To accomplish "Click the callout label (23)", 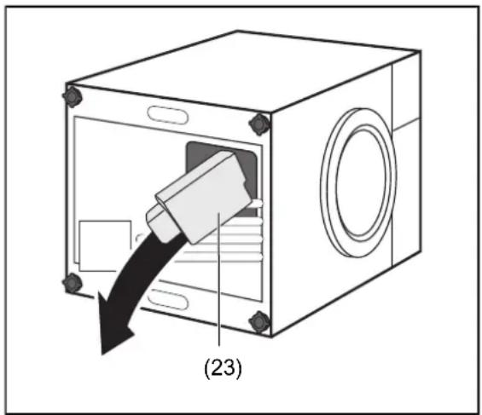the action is (223, 367).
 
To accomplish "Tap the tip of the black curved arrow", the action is (102, 354).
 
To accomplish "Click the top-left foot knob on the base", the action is (73, 97).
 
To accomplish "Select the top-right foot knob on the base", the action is (259, 124).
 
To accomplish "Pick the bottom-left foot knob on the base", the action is (73, 283).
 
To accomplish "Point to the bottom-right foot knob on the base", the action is (259, 321).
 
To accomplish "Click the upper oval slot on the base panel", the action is (167, 115).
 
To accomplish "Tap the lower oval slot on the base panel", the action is (167, 299).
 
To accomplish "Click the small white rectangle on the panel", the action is (105, 245).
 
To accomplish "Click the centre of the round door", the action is (358, 183).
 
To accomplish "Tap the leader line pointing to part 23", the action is (219, 280).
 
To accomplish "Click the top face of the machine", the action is (243, 70).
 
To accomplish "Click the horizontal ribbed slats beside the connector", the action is (220, 243).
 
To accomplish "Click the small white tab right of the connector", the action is (258, 203).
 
